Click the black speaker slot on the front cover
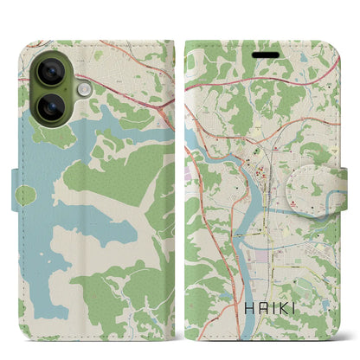point(265,51)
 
